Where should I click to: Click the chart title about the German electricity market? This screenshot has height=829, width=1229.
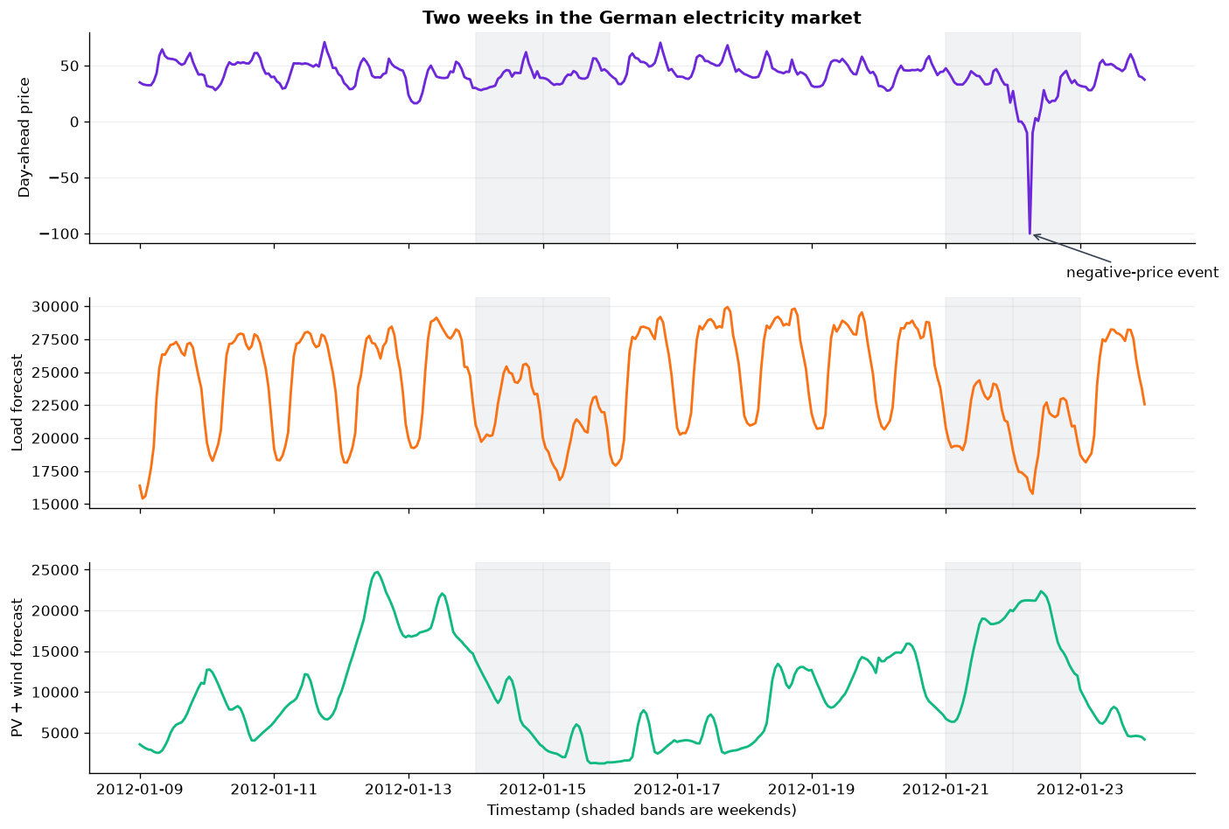(x=641, y=18)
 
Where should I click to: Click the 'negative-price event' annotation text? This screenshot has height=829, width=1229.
(x=1142, y=273)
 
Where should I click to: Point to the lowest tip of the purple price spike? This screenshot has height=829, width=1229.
(x=1030, y=233)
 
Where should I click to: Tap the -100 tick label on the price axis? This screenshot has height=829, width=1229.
(x=59, y=234)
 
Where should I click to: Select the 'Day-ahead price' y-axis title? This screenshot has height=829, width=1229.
(x=24, y=137)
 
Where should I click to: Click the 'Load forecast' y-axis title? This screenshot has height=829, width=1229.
(x=17, y=403)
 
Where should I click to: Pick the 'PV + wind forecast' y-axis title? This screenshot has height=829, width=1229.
(x=17, y=668)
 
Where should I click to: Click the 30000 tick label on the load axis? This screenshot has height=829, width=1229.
(x=55, y=307)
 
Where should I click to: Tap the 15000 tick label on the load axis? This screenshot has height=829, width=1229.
(x=55, y=505)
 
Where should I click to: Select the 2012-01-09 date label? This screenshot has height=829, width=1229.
(x=140, y=790)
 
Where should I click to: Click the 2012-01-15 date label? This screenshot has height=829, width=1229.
(x=543, y=790)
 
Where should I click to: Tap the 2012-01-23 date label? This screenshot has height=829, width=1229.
(x=1080, y=790)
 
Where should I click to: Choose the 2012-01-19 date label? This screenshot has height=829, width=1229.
(x=812, y=790)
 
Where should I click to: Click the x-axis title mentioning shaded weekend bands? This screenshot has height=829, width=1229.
(x=641, y=811)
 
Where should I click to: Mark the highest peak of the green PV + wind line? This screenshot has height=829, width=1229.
(x=376, y=572)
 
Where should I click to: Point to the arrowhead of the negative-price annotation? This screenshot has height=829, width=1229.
(x=1034, y=235)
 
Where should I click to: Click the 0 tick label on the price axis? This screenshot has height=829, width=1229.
(x=74, y=122)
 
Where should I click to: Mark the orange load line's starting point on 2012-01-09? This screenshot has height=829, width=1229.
(x=140, y=485)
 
